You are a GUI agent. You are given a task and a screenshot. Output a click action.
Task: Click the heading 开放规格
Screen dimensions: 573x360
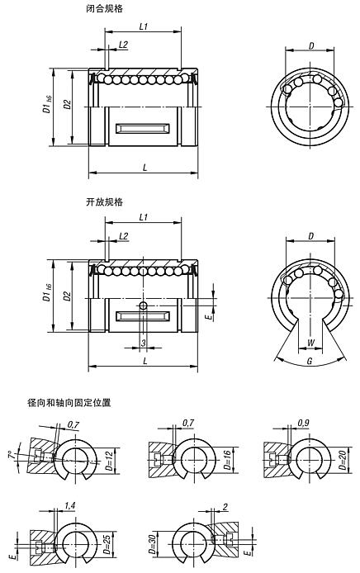point(104,201)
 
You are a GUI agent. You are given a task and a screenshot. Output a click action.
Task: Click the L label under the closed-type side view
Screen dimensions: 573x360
point(145,168)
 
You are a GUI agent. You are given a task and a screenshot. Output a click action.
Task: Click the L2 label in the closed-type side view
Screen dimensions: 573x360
point(123,43)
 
